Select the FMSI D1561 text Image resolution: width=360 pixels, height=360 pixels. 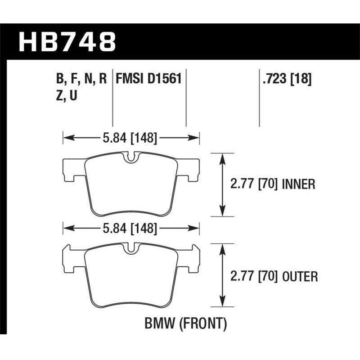coord(148,79)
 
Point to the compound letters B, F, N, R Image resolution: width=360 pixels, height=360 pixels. coord(81,79)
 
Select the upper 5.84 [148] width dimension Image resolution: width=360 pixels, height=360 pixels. coord(130,139)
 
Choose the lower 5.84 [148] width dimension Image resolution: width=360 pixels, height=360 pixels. coord(130,229)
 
